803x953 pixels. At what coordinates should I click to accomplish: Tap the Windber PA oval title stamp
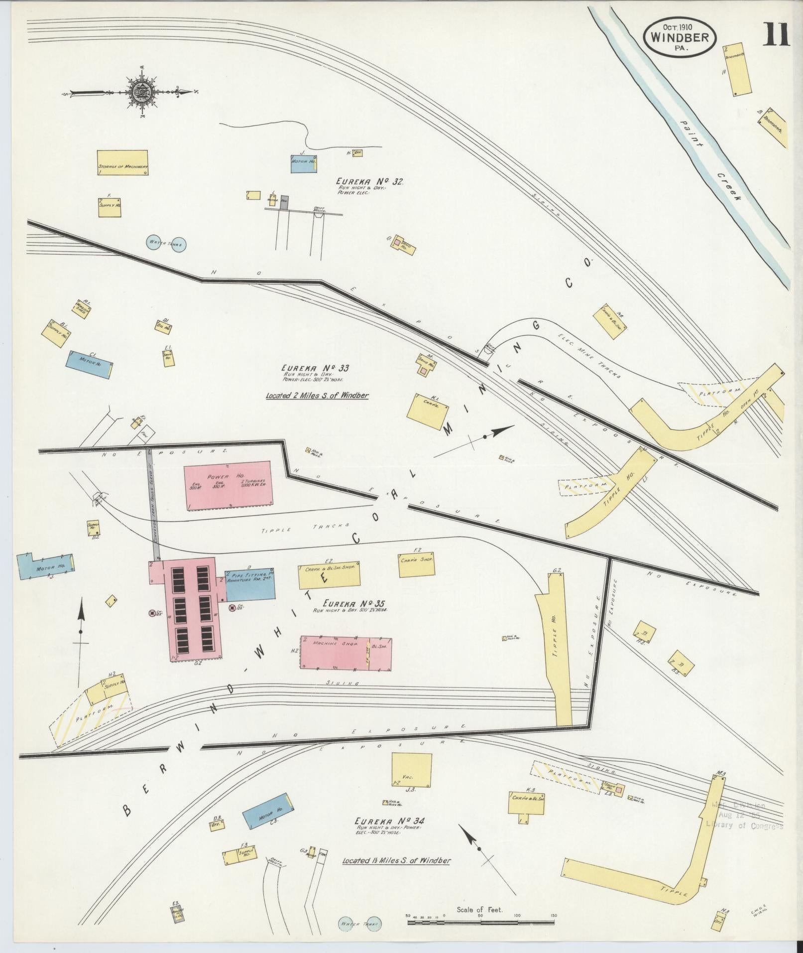tap(680, 36)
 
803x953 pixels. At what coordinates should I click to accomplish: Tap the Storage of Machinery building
tap(122, 163)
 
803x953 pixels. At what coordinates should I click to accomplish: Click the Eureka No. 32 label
tap(369, 182)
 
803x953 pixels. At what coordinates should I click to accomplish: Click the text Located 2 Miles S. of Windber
tap(317, 396)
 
